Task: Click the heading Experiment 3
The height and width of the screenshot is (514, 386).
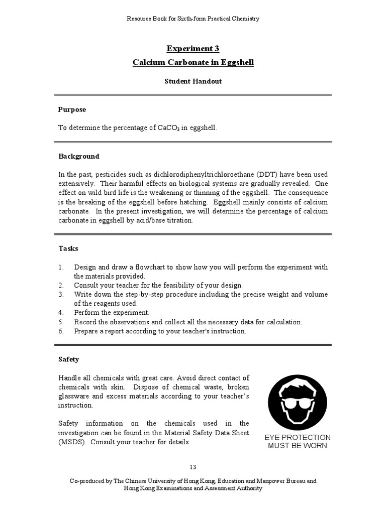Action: (x=193, y=48)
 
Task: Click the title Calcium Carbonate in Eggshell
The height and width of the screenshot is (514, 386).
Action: (x=193, y=62)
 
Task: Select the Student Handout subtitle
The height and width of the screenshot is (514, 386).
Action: (x=193, y=80)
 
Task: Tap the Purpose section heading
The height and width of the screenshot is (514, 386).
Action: (x=72, y=109)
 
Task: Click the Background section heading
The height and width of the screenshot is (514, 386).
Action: (x=79, y=156)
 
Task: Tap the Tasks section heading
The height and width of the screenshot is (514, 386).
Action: (x=68, y=248)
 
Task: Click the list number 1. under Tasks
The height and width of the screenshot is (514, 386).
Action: (x=61, y=267)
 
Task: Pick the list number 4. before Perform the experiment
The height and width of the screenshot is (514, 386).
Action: (x=61, y=313)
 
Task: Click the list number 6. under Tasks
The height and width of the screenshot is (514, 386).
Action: (x=61, y=331)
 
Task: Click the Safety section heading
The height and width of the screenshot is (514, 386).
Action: (x=69, y=359)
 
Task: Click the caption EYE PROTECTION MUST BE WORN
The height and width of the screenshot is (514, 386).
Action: (x=297, y=442)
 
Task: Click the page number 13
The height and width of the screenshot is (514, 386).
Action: (x=193, y=467)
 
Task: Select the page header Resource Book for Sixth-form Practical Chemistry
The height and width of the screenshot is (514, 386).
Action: (x=193, y=19)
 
